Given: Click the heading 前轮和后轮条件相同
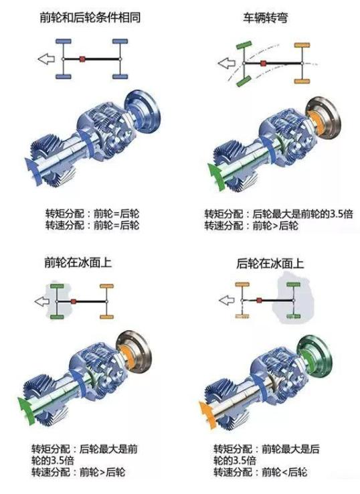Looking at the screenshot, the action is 90,17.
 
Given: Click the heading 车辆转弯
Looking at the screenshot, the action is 265,17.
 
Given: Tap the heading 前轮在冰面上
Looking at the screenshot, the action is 78,262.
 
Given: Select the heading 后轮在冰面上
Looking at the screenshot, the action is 270,263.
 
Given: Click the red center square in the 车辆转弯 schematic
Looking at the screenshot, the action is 263,64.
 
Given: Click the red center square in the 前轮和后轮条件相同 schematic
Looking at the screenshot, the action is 82,59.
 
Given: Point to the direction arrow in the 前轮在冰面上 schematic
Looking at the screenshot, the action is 42,301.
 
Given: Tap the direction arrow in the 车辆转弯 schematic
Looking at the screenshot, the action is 226,63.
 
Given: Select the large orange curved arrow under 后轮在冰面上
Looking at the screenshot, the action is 208,414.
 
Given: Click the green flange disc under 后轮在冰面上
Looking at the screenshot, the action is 314,354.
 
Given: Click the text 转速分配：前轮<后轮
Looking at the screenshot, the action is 260,472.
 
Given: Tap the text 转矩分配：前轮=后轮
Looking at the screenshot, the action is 92,214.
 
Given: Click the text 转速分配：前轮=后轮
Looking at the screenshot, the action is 92,226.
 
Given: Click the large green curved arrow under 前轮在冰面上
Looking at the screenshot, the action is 27,411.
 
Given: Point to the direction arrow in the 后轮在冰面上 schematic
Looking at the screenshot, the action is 226,301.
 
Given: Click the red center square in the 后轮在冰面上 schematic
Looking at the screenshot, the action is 259,301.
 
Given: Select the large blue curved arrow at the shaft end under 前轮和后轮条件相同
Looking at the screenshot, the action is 33,171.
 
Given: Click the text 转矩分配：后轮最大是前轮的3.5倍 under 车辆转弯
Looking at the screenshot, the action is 279,214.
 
